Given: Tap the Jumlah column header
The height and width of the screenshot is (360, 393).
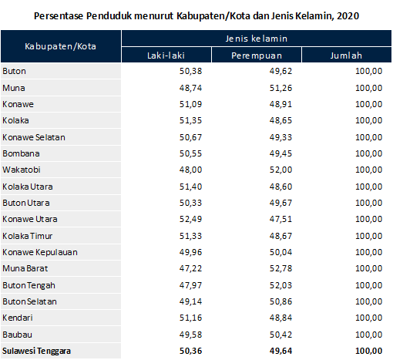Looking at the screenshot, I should pos(345,55).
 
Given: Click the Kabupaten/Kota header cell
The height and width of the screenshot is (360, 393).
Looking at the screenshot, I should pos(62,46).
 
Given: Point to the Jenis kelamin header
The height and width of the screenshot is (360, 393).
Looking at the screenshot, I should pos(257,38).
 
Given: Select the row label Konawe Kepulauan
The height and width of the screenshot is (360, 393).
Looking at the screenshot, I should pos(40,252).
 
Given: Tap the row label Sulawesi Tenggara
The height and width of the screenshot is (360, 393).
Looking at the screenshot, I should pos(38,352).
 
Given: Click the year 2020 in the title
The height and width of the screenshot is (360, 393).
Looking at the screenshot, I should pos(348,15).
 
